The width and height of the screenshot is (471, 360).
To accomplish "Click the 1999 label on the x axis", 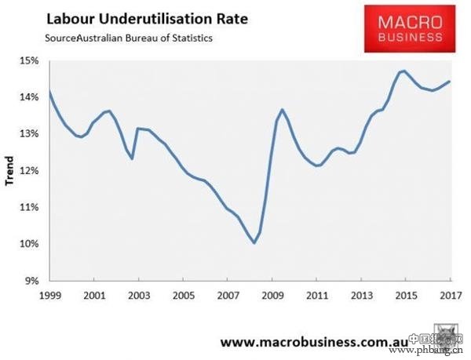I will tap(49, 296).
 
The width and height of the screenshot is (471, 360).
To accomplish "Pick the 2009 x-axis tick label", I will tap(272, 296).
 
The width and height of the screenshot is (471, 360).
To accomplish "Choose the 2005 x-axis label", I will tap(183, 296).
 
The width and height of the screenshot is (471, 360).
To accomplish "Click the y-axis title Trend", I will tap(10, 171).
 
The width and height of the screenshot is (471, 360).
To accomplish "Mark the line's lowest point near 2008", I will tap(254, 243).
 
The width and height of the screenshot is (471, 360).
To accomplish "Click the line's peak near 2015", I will tap(403, 71).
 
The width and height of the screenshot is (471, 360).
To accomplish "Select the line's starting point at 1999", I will tap(49, 92).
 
